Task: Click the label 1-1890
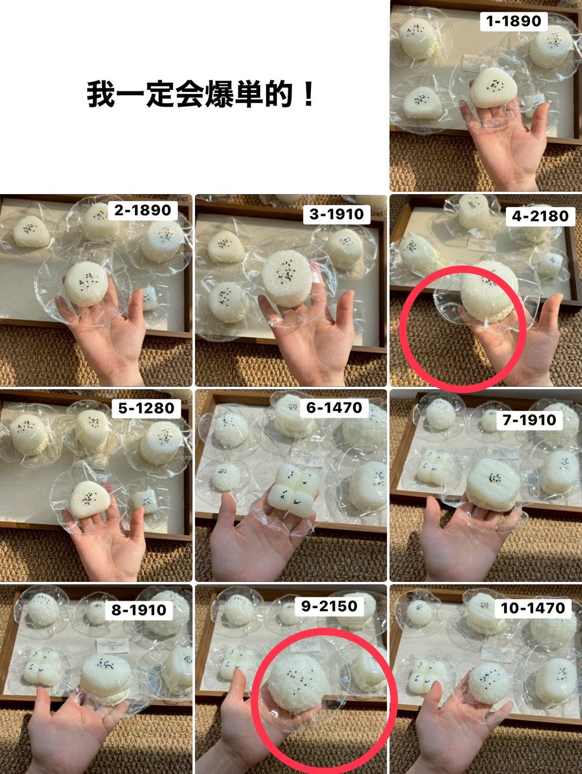[513, 22]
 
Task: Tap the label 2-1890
[142, 210]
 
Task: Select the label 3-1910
[337, 214]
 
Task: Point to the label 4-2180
[540, 216]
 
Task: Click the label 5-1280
[146, 408]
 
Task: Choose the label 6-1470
[333, 408]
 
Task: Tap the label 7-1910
[529, 420]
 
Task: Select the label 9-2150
[329, 606]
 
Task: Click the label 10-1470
[533, 608]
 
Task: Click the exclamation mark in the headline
[308, 94]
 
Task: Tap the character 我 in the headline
[100, 94]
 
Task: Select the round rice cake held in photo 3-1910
[287, 278]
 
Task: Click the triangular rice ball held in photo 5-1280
[89, 500]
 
